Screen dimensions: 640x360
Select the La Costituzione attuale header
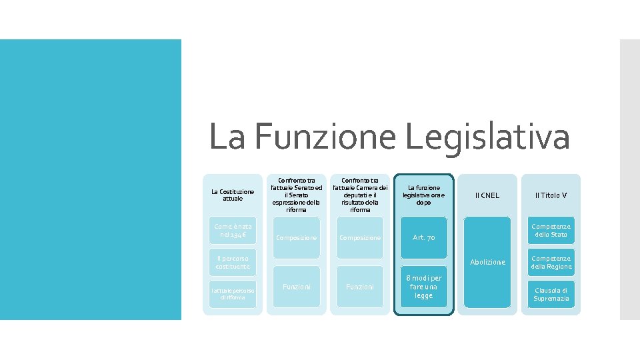pos(233,195)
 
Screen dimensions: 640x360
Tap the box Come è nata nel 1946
pos(233,231)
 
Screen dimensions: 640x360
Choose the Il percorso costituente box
pos(233,262)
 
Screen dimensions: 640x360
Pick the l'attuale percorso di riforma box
pos(233,293)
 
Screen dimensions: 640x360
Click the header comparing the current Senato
pos(297,195)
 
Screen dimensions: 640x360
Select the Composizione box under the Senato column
pos(297,238)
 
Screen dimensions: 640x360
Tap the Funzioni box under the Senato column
pos(297,287)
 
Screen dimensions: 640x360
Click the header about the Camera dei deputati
pos(360,195)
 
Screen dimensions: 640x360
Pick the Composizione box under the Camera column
pos(360,238)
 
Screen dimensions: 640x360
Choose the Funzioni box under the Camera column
pos(360,287)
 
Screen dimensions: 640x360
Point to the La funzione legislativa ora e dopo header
pos(424,195)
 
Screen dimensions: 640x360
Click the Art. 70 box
pos(424,237)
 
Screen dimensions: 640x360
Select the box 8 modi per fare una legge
pos(424,287)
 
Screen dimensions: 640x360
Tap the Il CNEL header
pos(487,195)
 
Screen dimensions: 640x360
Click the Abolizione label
pos(487,263)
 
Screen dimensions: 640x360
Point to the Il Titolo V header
pos(551,195)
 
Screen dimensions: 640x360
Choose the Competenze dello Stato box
pos(551,231)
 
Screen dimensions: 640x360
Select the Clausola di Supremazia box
pos(551,294)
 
